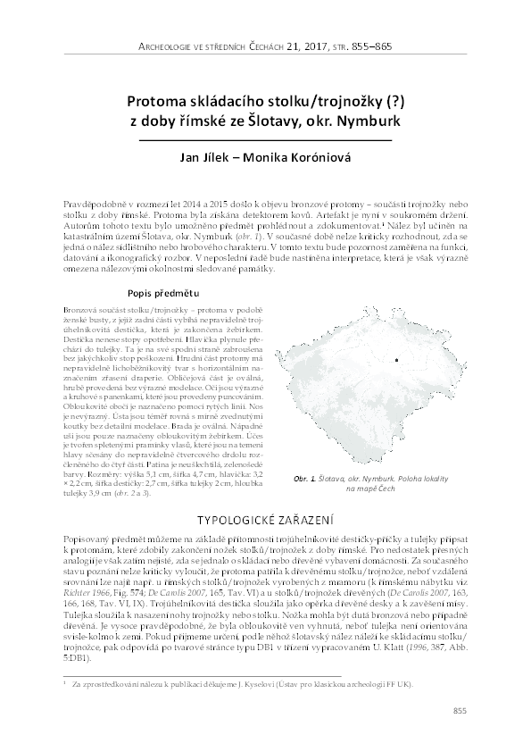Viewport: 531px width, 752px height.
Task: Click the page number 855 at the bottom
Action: (460, 710)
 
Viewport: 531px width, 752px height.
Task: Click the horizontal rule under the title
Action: (265, 140)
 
